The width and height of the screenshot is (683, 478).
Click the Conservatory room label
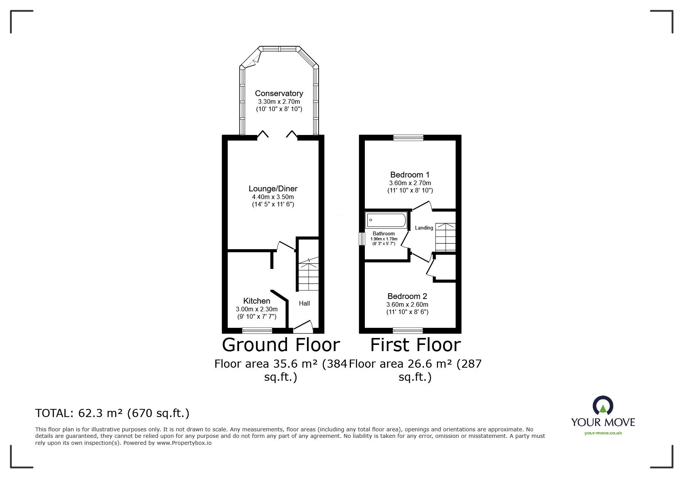coord(279,93)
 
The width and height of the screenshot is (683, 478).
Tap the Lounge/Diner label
coord(273,189)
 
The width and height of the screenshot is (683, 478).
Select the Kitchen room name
coord(256,301)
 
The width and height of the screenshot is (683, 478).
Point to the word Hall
coord(304,303)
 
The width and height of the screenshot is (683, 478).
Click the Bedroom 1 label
coord(410,175)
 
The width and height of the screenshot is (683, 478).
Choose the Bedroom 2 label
coord(407,296)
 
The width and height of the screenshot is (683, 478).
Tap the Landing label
coord(424,228)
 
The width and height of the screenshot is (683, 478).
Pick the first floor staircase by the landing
coord(445,237)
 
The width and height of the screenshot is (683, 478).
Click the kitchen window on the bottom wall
coord(257,330)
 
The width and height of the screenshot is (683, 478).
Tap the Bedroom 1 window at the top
coord(408,137)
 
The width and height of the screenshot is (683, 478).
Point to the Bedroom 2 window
coord(408,330)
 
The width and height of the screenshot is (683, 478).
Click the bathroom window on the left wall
coord(362,239)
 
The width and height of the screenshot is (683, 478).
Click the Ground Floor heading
coord(281,345)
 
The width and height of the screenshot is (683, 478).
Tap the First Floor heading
coord(415,345)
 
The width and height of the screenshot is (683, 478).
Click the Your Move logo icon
coord(603,408)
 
